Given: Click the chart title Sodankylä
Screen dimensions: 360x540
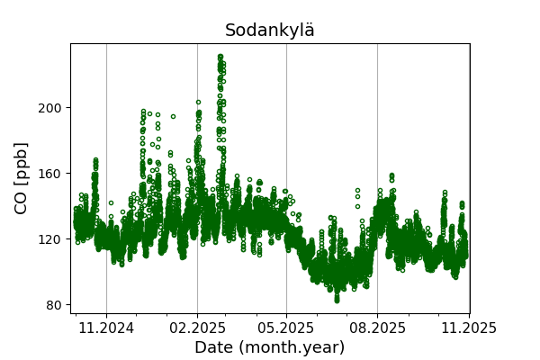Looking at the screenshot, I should [270, 31].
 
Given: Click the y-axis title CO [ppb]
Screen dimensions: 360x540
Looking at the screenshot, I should [21, 178].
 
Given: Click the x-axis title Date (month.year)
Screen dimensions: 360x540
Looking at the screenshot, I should [269, 347].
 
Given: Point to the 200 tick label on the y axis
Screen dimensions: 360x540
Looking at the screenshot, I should [50, 108].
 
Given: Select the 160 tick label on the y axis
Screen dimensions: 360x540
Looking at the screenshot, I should [50, 174].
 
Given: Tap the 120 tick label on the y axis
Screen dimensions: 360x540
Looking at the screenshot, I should [50, 239].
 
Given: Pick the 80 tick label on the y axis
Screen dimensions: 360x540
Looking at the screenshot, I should [54, 305].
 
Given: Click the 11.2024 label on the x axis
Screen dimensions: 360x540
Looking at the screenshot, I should [106, 328].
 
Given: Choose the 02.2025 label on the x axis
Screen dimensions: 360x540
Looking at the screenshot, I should [197, 328].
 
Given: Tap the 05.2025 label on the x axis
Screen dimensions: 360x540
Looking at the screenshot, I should [286, 328].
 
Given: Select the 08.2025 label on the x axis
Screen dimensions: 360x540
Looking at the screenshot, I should [377, 328].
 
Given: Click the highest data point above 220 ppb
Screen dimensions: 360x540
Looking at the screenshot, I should [220, 56].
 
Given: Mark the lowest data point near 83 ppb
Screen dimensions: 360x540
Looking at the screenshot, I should [337, 300].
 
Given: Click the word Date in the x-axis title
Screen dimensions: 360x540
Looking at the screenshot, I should [214, 347].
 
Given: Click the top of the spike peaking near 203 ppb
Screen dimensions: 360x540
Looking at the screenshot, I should [198, 103].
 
